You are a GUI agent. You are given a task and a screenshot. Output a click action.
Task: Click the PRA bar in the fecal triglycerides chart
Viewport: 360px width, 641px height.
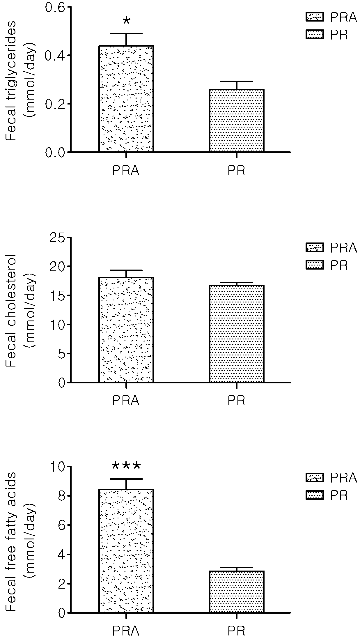[x=126, y=99]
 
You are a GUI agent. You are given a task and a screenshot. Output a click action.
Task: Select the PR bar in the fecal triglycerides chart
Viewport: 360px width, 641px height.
[x=237, y=121]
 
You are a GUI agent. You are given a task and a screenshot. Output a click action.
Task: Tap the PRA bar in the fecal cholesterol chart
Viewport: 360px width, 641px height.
[x=126, y=330]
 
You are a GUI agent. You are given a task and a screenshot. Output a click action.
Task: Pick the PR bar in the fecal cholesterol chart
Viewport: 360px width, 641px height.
[x=237, y=334]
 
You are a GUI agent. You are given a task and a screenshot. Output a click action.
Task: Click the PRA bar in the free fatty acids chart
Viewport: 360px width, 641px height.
[x=126, y=551]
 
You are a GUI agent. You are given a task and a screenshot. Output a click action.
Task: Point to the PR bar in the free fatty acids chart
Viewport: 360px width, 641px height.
[x=237, y=592]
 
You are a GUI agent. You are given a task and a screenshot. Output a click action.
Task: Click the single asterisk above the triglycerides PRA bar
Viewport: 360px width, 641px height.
[x=126, y=21]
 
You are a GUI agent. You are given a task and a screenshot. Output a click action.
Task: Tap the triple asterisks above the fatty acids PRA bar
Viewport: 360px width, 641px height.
[x=126, y=466]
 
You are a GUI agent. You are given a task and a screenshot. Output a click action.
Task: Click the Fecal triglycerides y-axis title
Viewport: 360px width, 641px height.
[x=20, y=80]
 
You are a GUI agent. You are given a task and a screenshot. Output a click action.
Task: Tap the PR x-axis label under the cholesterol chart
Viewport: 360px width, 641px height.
[x=237, y=401]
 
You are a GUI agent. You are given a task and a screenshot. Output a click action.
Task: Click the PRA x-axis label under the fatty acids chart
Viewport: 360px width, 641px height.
[x=126, y=631]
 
